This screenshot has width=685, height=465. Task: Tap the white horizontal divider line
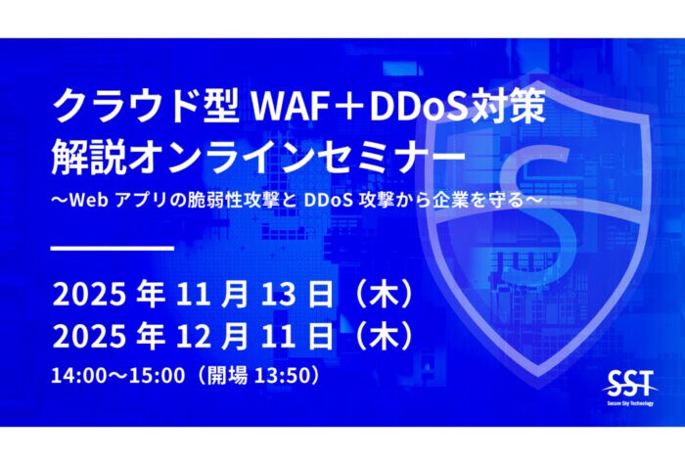pyautogui.click(x=112, y=247)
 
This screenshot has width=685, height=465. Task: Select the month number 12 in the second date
pyautogui.click(x=196, y=336)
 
